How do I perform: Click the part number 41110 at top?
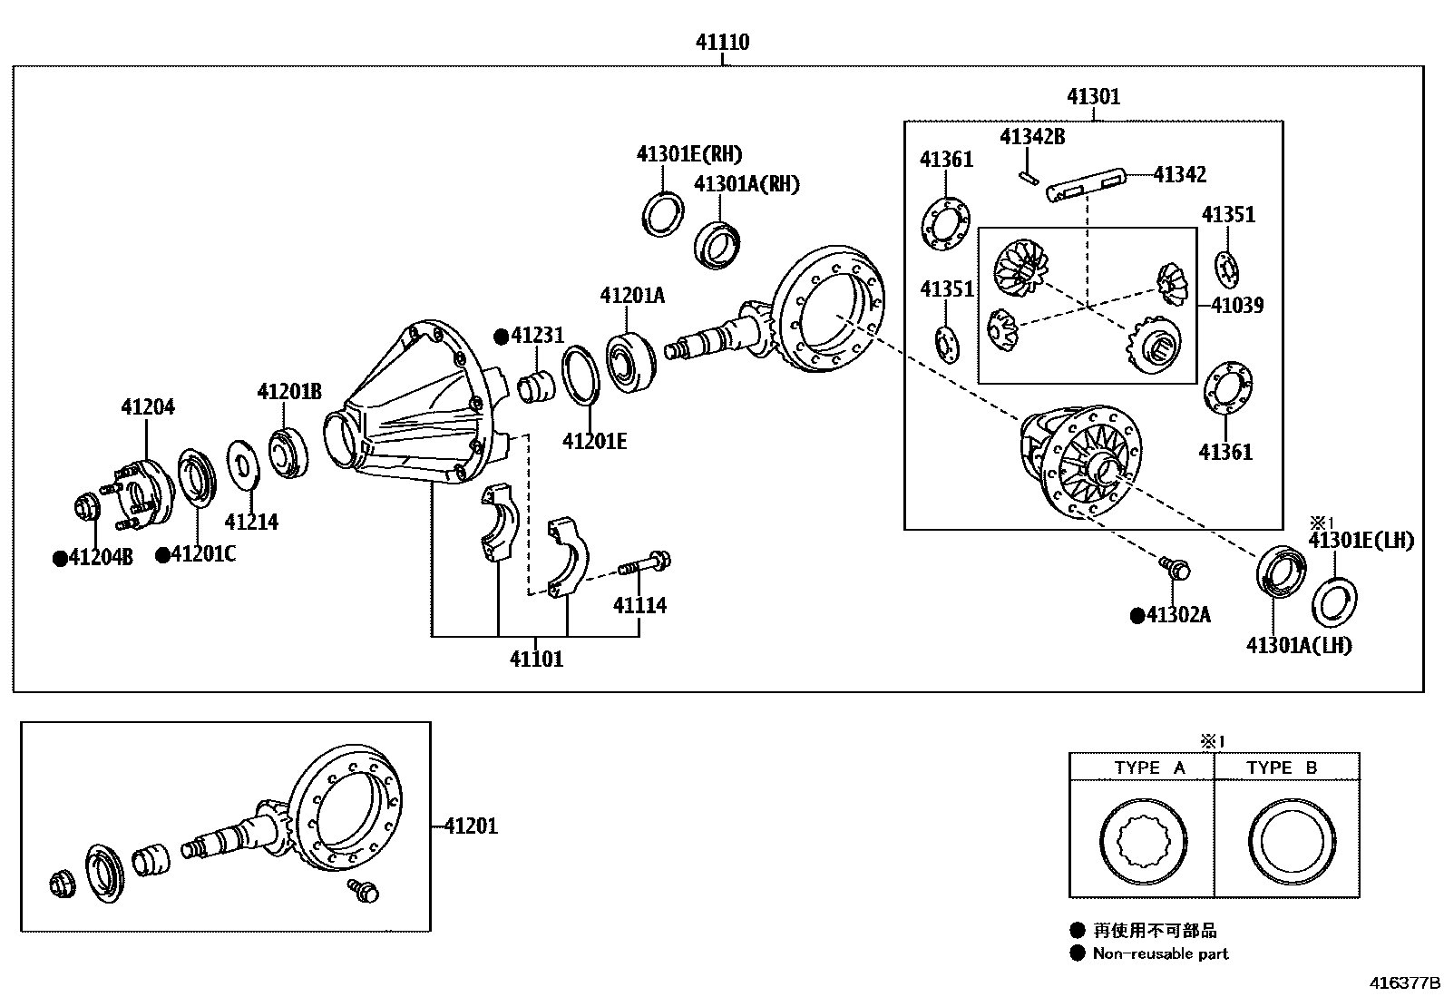(x=722, y=42)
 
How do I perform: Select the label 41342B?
(x=1031, y=137)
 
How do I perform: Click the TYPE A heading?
(x=1149, y=767)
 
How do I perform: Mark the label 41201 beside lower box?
(x=471, y=826)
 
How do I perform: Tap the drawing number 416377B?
(x=1404, y=982)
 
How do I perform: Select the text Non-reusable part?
(x=1160, y=953)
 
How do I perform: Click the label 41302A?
(x=1177, y=615)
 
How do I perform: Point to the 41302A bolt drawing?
(x=1175, y=568)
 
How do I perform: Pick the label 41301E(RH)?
(x=688, y=154)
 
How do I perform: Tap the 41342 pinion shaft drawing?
(x=1086, y=184)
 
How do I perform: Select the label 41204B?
(x=100, y=557)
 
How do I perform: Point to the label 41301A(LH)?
(x=1298, y=645)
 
